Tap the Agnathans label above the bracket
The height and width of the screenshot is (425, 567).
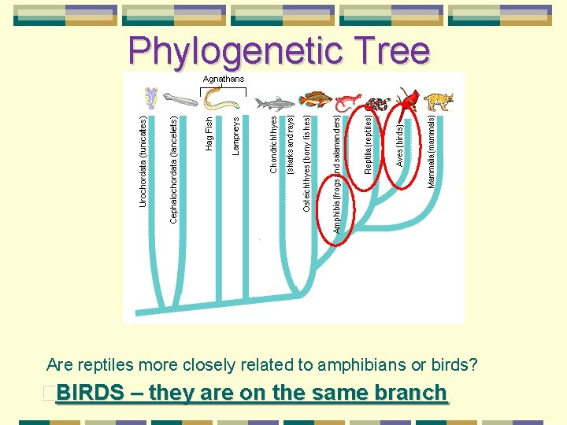coord(224,79)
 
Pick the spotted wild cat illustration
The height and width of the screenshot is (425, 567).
coord(438,102)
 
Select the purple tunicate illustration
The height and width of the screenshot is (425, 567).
coord(150,98)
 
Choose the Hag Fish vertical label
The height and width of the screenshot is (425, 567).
coord(209,133)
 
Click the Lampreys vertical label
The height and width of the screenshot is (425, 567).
coord(236,135)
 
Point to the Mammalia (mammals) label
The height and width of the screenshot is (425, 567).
coord(431,152)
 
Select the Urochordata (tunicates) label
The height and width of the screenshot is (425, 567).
coord(143,161)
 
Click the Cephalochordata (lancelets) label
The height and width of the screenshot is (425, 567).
coord(174,169)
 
